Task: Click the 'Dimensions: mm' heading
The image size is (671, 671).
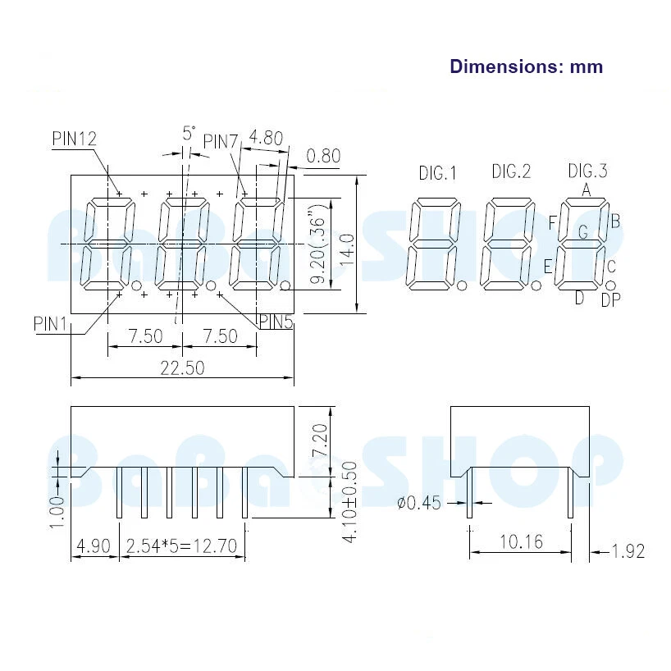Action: [x=526, y=66]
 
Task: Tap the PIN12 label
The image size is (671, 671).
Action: [x=75, y=139]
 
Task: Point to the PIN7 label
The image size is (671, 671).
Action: [x=220, y=142]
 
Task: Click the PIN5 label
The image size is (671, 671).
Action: [x=276, y=322]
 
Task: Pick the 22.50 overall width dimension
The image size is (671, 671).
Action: [x=182, y=368]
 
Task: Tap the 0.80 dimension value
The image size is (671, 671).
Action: [x=323, y=156]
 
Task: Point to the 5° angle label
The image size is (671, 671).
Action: [x=189, y=132]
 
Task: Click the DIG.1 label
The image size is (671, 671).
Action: [x=437, y=173]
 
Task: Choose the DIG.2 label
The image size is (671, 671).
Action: [x=511, y=171]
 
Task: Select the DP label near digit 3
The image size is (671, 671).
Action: [x=611, y=300]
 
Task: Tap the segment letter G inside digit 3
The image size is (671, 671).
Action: [x=582, y=232]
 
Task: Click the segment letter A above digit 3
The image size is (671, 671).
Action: [x=587, y=189]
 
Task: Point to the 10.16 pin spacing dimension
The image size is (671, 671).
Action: [x=519, y=541]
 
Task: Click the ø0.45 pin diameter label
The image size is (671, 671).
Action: [x=419, y=503]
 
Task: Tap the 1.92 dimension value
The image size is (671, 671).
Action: [x=628, y=550]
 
